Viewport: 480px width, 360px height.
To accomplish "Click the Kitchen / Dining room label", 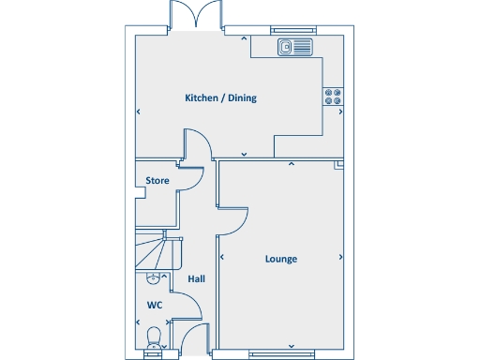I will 220,97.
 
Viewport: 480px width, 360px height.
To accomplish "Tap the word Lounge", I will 280,259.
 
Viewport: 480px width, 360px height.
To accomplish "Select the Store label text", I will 157,180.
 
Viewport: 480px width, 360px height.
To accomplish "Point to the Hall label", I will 196,278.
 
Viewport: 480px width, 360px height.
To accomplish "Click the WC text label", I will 154,306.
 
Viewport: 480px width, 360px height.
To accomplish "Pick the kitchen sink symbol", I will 295,47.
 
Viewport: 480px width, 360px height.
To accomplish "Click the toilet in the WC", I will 154,336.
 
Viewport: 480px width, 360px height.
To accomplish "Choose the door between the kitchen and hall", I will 196,144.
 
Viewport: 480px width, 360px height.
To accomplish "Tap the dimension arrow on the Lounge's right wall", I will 339,257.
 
